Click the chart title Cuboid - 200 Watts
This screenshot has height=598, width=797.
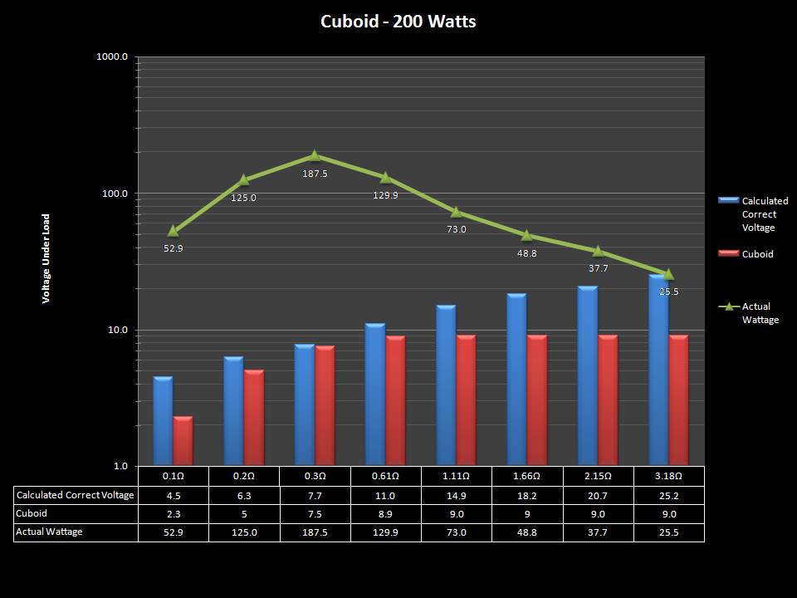click(398, 22)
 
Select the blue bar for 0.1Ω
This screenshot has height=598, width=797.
click(163, 421)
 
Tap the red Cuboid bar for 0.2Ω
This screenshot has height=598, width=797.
click(253, 418)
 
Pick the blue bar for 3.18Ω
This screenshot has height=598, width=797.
click(658, 370)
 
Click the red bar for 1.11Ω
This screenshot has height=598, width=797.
click(466, 400)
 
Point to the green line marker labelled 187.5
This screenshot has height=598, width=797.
click(315, 155)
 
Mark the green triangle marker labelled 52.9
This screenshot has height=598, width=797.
click(174, 231)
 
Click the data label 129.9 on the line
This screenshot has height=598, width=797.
click(385, 195)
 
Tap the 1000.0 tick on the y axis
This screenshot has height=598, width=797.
click(113, 57)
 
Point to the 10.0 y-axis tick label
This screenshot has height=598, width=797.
click(116, 330)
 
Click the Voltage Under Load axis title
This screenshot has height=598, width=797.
click(46, 258)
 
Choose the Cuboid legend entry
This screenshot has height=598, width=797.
click(756, 254)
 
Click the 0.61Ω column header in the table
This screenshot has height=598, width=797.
click(385, 476)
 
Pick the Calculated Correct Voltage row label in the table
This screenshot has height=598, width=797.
click(75, 495)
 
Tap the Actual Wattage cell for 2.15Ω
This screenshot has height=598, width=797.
click(598, 532)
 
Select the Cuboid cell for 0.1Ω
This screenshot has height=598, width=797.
click(174, 514)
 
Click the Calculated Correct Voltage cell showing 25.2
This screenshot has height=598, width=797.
click(668, 495)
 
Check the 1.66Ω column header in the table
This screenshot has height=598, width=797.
click(527, 476)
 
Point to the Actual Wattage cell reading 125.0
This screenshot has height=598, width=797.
click(244, 532)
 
